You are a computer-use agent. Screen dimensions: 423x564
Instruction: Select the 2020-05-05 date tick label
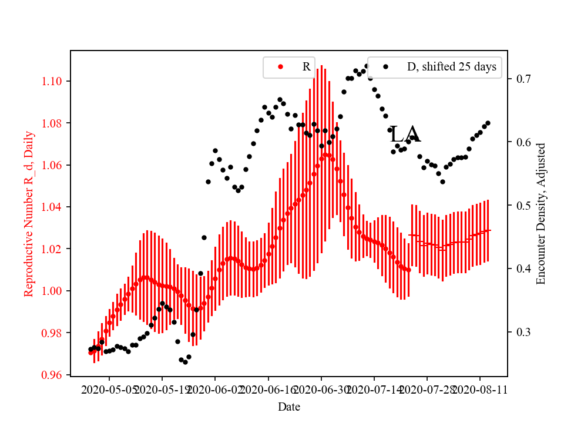(110, 390)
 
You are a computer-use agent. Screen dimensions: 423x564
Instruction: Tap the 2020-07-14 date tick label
(374, 390)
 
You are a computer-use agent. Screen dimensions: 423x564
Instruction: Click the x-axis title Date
(290, 407)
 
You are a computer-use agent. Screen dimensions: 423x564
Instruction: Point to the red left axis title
(29, 213)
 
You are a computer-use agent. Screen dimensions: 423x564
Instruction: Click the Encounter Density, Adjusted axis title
(541, 213)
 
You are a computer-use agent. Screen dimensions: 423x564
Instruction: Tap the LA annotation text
(405, 135)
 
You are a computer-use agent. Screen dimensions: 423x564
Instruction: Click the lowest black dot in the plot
(185, 362)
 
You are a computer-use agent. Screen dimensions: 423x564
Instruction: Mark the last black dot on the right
(488, 123)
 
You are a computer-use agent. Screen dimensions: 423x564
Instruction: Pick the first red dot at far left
(91, 352)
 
